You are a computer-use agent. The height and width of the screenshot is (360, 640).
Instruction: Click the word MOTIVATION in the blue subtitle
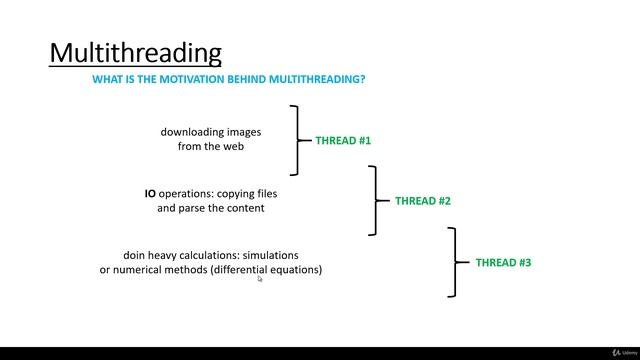point(193,78)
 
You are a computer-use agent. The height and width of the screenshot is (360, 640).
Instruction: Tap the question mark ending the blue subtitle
point(362,78)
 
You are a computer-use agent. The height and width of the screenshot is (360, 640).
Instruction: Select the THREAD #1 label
point(343,141)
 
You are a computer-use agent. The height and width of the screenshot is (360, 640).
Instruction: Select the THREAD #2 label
point(423,201)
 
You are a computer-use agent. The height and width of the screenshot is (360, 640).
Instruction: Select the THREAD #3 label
point(503,262)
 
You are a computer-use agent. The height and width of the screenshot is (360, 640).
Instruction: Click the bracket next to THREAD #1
point(297,140)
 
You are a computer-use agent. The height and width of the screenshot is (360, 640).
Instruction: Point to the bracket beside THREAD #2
point(375,200)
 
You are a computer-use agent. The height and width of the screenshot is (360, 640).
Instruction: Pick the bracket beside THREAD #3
point(454,262)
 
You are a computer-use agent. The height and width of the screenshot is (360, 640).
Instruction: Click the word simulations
point(270,255)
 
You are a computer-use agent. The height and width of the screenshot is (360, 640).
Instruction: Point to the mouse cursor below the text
point(260,280)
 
